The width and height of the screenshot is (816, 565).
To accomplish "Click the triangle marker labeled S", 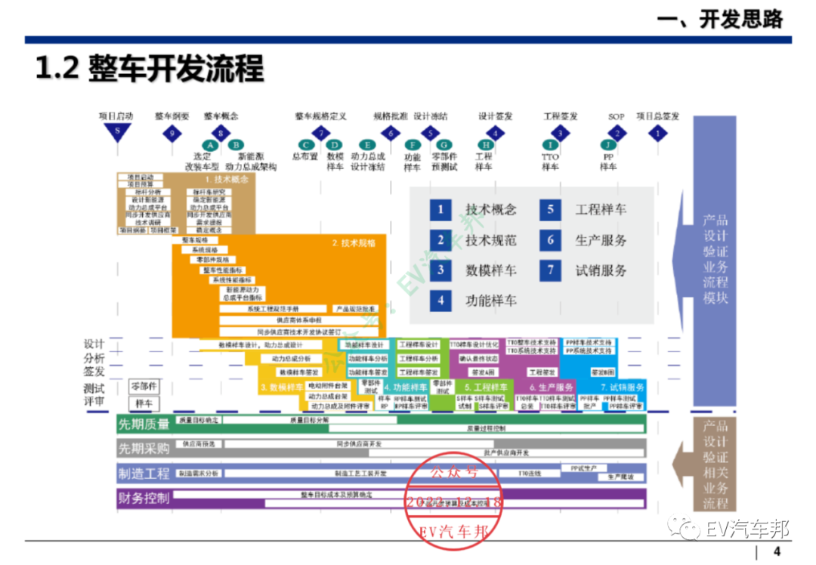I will (117, 134).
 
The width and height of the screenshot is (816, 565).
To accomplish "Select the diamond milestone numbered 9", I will (172, 134).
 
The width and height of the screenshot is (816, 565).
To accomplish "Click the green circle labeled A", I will (210, 145).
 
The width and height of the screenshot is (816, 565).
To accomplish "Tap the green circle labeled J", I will (607, 145).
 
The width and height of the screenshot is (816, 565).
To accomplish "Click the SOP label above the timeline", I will (616, 117).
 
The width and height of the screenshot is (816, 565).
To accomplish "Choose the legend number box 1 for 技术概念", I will (440, 210).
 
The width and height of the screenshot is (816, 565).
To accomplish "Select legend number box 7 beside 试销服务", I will (551, 270).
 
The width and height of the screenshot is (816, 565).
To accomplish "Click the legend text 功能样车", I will (491, 301).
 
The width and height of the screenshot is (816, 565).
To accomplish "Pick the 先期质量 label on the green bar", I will (144, 425).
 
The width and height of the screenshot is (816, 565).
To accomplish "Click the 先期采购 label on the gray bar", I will (144, 449).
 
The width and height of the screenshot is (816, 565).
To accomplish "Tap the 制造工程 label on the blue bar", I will (144, 474).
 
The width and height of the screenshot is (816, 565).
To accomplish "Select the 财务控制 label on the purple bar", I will (144, 499).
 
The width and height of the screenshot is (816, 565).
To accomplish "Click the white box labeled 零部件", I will (144, 386).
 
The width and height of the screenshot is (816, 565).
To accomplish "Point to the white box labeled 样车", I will (144, 403).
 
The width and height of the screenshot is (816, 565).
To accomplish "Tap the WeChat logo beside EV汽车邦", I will (688, 527).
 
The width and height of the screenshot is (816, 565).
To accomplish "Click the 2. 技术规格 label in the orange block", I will (354, 243).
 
